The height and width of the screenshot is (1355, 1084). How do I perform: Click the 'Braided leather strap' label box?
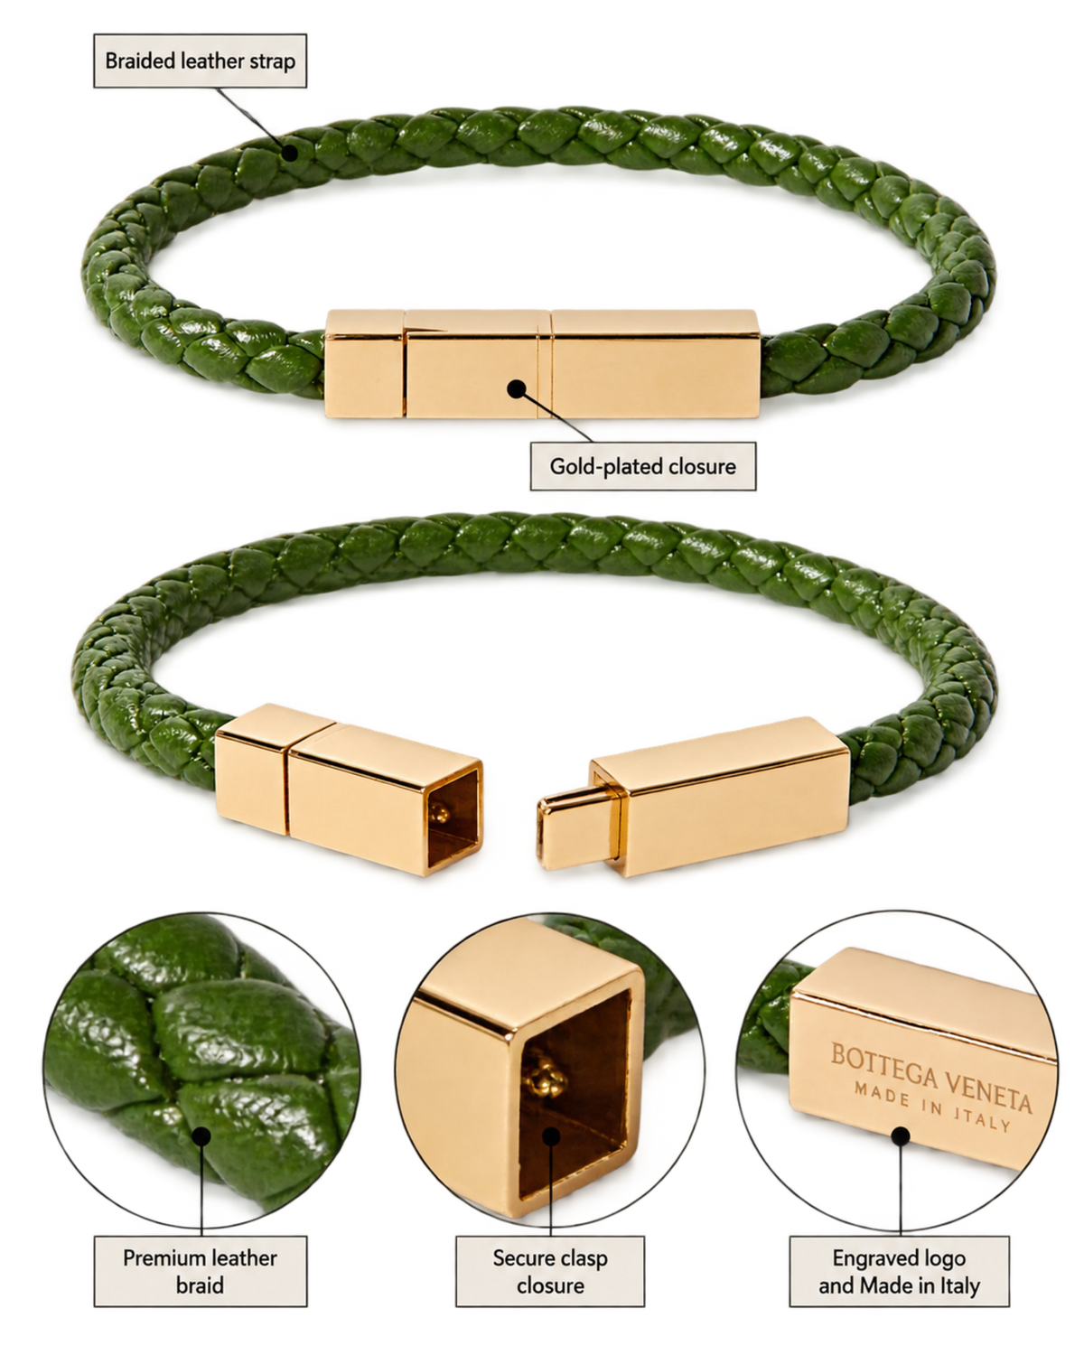200,61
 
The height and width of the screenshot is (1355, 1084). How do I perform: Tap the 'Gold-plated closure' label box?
642,466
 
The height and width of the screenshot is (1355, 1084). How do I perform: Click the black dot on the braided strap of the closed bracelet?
289,152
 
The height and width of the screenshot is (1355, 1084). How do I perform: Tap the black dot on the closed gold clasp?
517,389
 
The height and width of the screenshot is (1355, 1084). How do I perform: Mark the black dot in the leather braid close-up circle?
201,1136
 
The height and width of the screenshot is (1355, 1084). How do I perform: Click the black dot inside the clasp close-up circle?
551,1136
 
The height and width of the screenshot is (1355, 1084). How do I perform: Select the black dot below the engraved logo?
901,1136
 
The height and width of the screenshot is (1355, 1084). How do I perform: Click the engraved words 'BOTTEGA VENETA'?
931,1073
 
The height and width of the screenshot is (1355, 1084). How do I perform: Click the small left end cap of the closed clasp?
364,364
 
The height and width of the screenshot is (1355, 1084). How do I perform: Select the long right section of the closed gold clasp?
656,363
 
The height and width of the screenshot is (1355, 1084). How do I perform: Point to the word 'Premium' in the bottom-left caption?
157,1257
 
